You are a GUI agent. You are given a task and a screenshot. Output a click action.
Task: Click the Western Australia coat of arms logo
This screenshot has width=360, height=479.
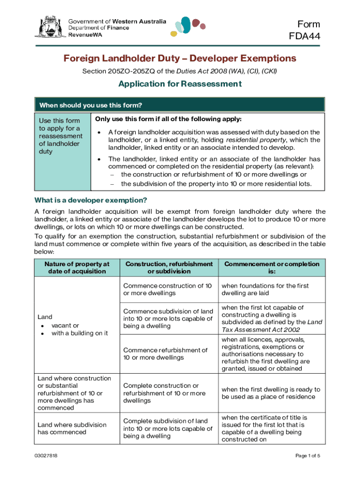(48, 27)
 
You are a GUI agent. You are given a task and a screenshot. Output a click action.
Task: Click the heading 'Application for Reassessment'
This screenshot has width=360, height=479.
(180, 84)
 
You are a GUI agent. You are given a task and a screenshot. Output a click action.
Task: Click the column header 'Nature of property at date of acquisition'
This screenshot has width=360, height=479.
(77, 268)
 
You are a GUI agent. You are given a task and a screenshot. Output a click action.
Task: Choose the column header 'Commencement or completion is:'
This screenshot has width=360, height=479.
(272, 268)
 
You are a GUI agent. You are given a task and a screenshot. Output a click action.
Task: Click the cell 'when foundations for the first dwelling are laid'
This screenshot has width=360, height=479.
(265, 290)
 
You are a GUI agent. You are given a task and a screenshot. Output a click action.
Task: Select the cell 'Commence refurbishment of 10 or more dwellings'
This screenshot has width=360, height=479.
(165, 354)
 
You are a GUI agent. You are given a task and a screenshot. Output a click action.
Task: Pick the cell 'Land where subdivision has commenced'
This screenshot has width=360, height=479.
(72, 428)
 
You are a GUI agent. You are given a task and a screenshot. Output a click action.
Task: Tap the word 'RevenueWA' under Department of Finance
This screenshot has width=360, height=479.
(85, 35)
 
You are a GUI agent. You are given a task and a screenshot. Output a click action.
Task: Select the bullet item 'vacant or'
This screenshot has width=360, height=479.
(65, 326)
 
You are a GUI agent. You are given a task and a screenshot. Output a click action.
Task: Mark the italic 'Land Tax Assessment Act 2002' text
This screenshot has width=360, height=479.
(269, 326)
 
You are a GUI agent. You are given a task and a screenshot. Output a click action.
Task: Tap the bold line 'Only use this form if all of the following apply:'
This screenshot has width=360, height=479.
(168, 119)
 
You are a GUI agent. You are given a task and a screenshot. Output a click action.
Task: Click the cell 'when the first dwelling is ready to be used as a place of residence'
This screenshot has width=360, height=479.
(271, 393)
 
